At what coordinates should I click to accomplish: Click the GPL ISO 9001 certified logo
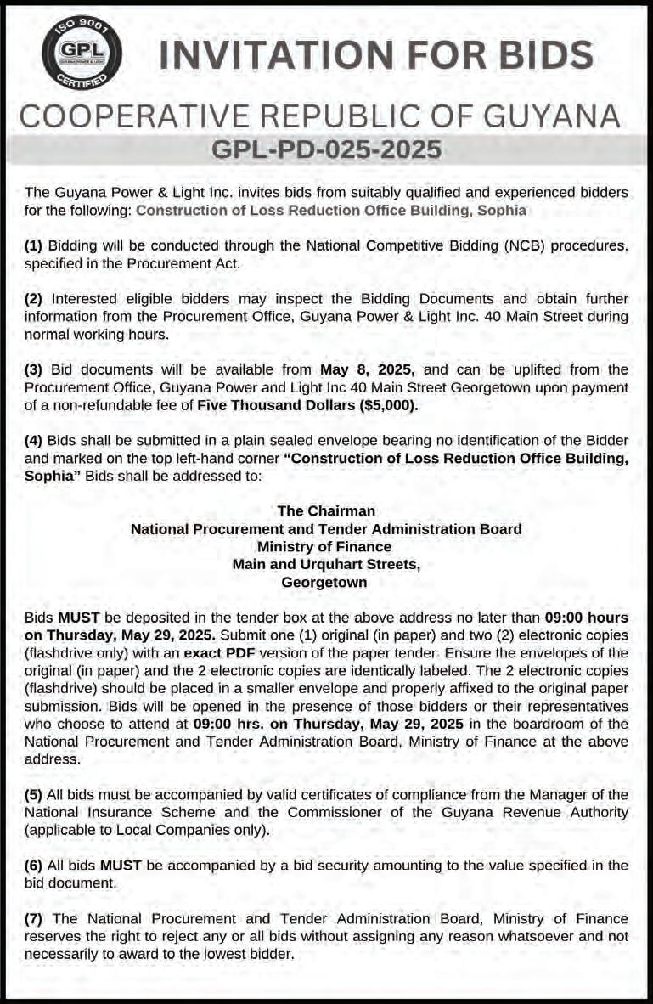(70, 54)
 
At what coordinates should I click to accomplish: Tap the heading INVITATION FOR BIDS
(376, 56)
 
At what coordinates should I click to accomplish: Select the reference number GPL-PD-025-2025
(326, 150)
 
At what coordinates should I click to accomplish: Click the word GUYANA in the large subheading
(543, 116)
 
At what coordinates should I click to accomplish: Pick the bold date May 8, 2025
(367, 369)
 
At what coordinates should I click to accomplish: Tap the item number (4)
(34, 440)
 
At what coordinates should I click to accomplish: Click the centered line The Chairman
(326, 510)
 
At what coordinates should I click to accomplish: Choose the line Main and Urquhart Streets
(326, 564)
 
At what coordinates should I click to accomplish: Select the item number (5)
(34, 794)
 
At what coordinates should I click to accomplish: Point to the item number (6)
(34, 865)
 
